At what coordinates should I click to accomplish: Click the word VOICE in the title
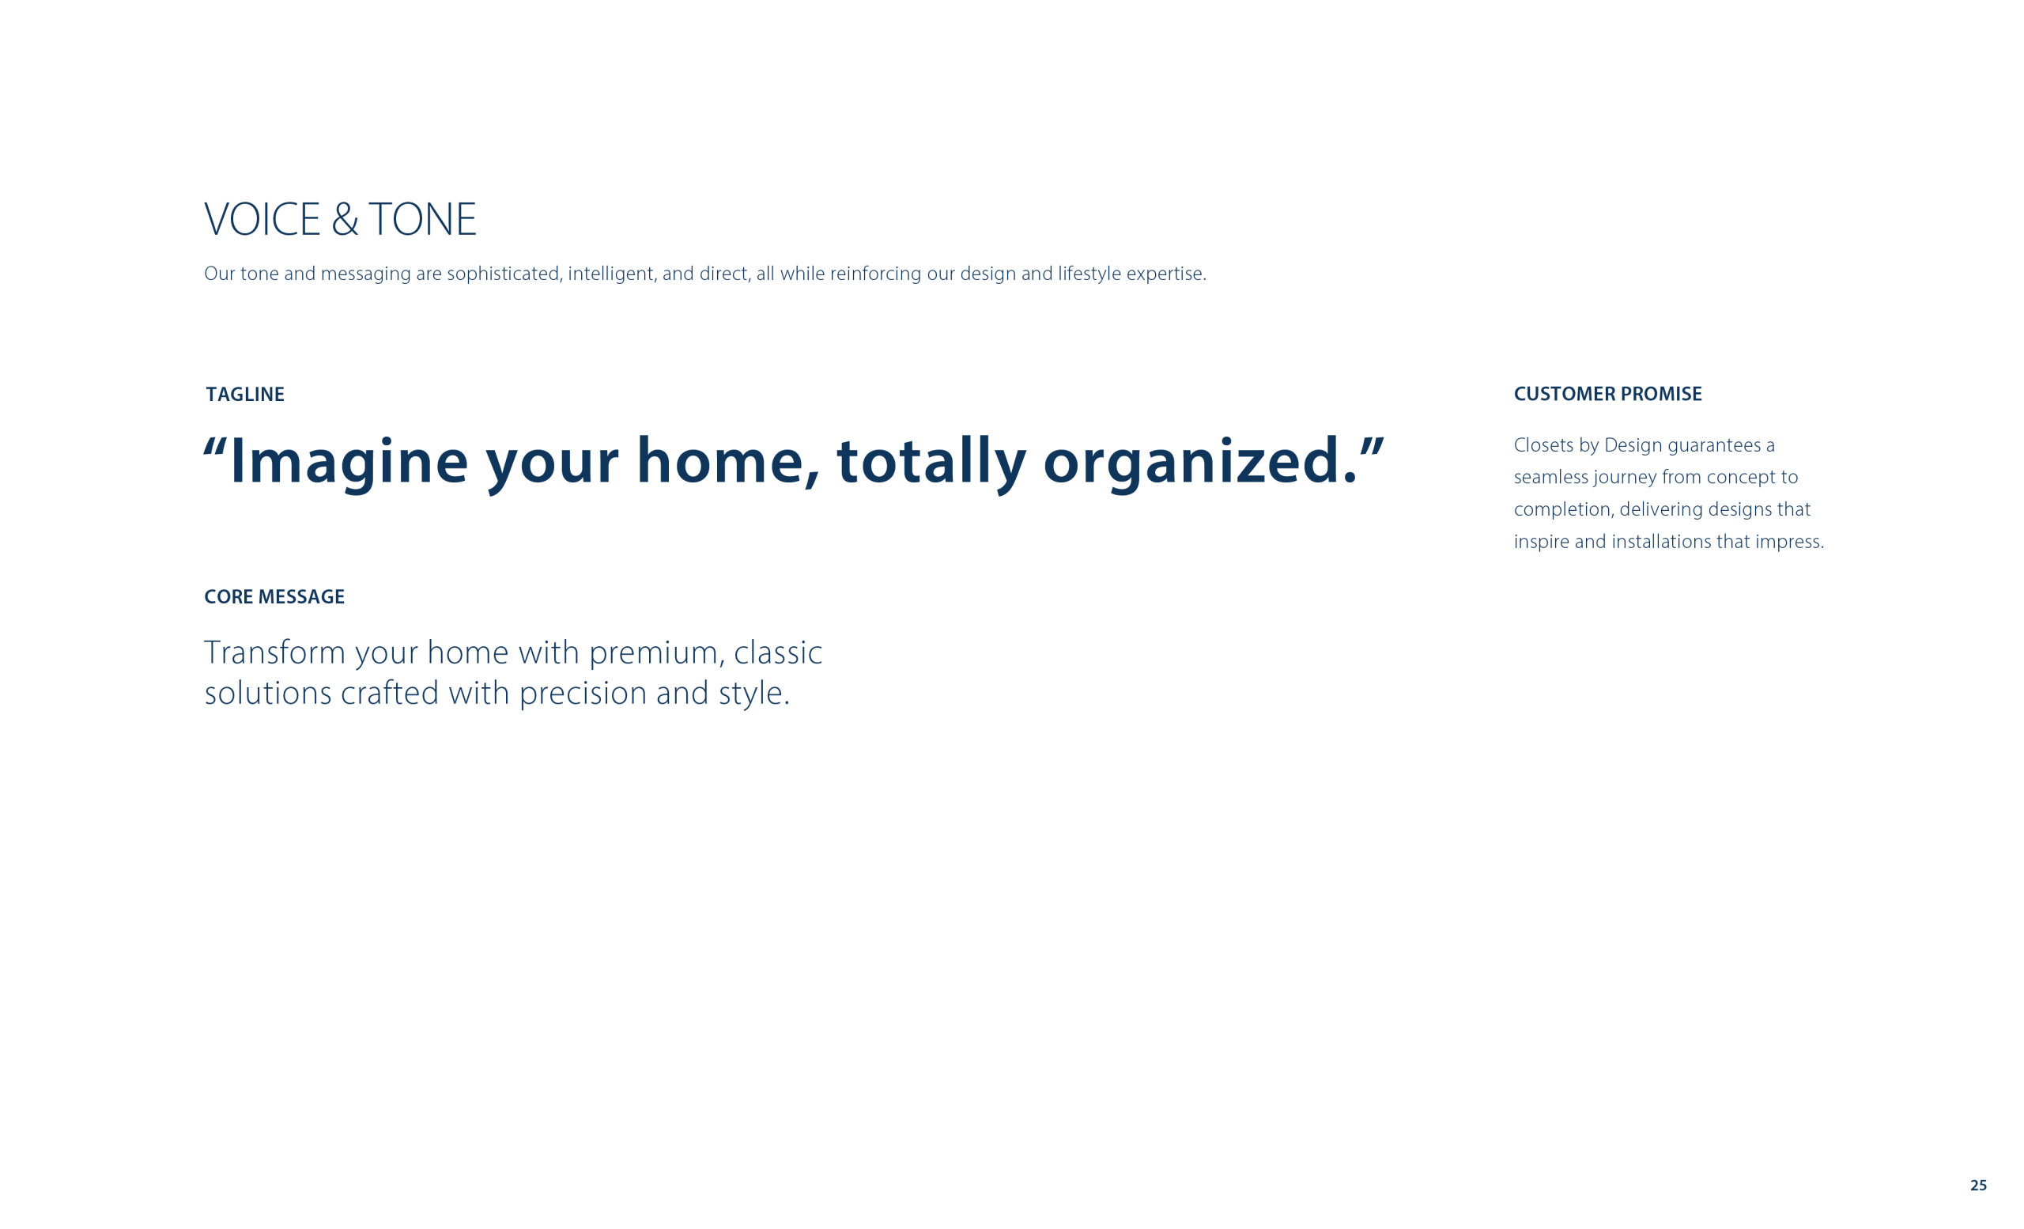pyautogui.click(x=262, y=219)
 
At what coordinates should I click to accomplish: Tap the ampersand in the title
pyautogui.click(x=345, y=219)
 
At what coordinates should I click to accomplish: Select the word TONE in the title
pyautogui.click(x=422, y=219)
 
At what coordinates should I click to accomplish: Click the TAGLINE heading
pyautogui.click(x=245, y=395)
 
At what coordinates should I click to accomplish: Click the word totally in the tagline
pyautogui.click(x=931, y=463)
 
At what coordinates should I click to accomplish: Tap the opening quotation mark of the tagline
pyautogui.click(x=215, y=448)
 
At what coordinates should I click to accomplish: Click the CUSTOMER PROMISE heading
pyautogui.click(x=1607, y=395)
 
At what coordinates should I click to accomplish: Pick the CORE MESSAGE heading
pyautogui.click(x=274, y=597)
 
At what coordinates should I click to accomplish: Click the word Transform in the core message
pyautogui.click(x=275, y=653)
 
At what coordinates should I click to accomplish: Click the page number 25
pyautogui.click(x=1979, y=1186)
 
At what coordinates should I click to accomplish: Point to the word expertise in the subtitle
pyautogui.click(x=1166, y=274)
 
